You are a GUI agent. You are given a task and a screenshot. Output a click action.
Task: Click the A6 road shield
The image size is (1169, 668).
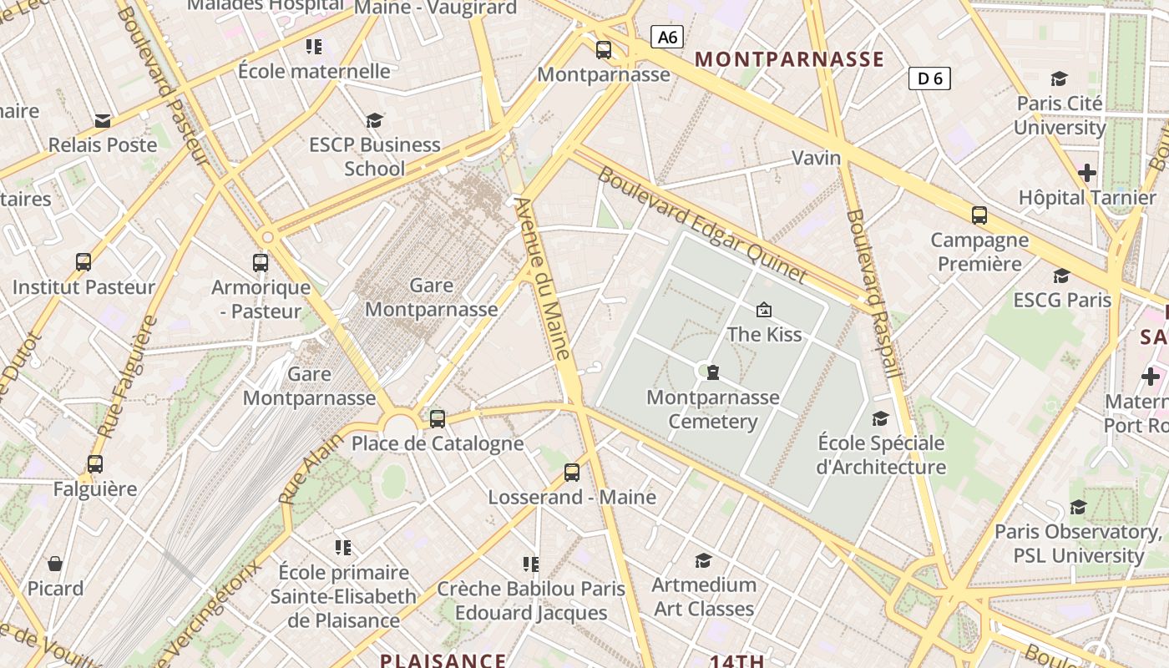[666, 37]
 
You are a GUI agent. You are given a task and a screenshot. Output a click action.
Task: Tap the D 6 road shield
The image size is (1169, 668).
[929, 78]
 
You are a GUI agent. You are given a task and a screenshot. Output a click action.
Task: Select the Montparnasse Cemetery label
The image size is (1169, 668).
[713, 409]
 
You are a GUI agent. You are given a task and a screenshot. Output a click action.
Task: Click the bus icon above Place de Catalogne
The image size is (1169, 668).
[438, 419]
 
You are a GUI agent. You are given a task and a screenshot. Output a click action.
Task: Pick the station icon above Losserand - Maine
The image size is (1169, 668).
[572, 473]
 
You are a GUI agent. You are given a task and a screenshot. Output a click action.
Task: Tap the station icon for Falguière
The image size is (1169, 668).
[95, 464]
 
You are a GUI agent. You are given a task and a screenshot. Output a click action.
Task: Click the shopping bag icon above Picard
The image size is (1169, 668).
[55, 564]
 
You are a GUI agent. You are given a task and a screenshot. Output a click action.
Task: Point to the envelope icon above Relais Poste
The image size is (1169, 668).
[103, 121]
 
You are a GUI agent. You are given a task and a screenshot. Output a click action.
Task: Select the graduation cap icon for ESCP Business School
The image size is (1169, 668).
[374, 121]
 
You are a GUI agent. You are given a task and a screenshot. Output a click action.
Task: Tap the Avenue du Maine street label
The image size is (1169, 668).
[543, 278]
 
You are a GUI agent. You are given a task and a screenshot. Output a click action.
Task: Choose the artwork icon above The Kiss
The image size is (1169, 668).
[763, 311]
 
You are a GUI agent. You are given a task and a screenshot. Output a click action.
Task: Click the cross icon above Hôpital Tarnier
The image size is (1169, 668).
[1086, 174]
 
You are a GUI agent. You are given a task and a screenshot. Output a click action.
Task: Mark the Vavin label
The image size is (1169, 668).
[816, 158]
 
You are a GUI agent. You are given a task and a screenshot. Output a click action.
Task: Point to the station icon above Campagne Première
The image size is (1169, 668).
[979, 215]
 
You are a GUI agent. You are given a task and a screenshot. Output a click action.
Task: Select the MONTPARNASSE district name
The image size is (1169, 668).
[789, 59]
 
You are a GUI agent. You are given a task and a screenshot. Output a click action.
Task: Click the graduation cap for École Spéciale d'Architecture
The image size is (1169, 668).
[880, 418]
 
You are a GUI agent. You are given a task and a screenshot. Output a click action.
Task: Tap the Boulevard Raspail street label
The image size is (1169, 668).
[873, 292]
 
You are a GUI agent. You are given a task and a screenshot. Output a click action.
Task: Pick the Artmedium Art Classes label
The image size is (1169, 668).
[704, 596]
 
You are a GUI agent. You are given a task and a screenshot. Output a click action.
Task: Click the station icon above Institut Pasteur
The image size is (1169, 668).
[83, 262]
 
